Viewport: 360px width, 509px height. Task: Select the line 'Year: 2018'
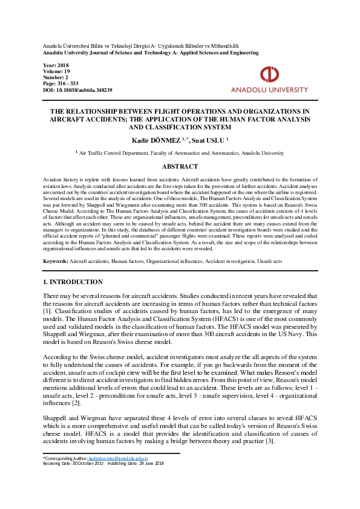pos(56,65)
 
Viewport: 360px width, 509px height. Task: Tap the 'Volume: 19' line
pos(57,71)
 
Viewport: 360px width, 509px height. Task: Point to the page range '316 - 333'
pos(70,83)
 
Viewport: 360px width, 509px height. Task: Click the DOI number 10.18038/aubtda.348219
pos(87,89)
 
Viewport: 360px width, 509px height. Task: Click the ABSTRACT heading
pos(180,166)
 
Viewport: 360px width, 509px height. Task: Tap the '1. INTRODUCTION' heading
pos(73,282)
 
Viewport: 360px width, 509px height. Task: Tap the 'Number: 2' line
pos(56,77)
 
